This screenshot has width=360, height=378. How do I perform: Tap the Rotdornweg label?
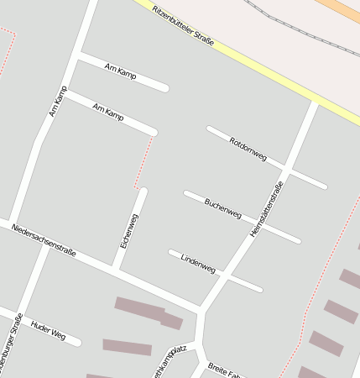pyautogui.click(x=248, y=149)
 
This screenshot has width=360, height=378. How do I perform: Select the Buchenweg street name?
pyautogui.click(x=222, y=208)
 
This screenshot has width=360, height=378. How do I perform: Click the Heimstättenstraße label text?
pyautogui.click(x=267, y=208)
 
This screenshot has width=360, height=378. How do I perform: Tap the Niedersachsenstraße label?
pyautogui.click(x=44, y=239)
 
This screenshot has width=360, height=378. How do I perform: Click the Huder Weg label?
pyautogui.click(x=47, y=328)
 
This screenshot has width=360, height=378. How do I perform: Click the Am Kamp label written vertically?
pyautogui.click(x=57, y=101)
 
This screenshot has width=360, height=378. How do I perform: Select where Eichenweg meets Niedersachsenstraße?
pyautogui.click(x=116, y=270)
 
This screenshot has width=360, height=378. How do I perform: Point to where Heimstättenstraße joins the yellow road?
pyautogui.click(x=315, y=103)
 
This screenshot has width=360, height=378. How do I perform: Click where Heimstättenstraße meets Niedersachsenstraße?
pyautogui.click(x=201, y=312)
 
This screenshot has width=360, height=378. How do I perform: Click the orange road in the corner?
pyautogui.click(x=339, y=10)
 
